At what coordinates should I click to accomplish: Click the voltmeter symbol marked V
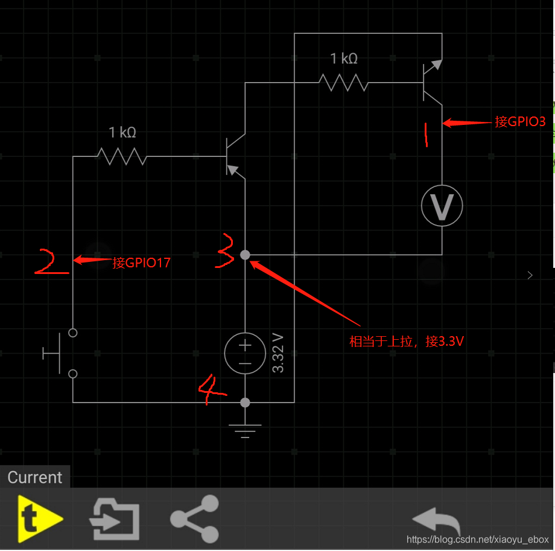click(442, 206)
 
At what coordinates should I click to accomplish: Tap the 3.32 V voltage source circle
click(245, 353)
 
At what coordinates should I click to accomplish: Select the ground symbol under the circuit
click(245, 429)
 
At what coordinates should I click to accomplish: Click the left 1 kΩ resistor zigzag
click(122, 156)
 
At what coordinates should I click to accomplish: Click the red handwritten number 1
click(427, 135)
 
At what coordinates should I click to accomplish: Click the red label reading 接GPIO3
click(520, 122)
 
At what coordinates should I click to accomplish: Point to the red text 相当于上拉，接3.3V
click(407, 342)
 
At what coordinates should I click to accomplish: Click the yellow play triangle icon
click(38, 519)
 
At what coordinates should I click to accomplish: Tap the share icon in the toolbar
click(194, 519)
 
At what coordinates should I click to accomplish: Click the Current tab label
click(35, 477)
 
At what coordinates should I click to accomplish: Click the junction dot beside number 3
click(245, 255)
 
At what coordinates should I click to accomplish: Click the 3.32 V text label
click(278, 352)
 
